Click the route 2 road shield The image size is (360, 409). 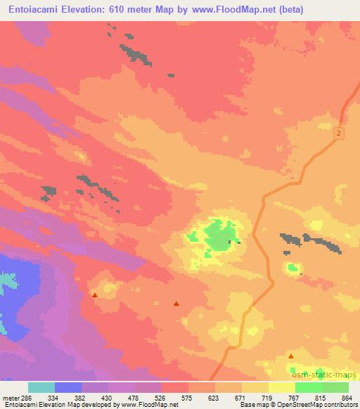tap(339, 133)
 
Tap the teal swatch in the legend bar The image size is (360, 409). tap(41, 387)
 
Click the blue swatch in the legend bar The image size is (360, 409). tap(68, 387)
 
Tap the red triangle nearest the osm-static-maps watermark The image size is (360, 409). tap(291, 357)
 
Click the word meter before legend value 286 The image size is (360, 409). tap(9, 398)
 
